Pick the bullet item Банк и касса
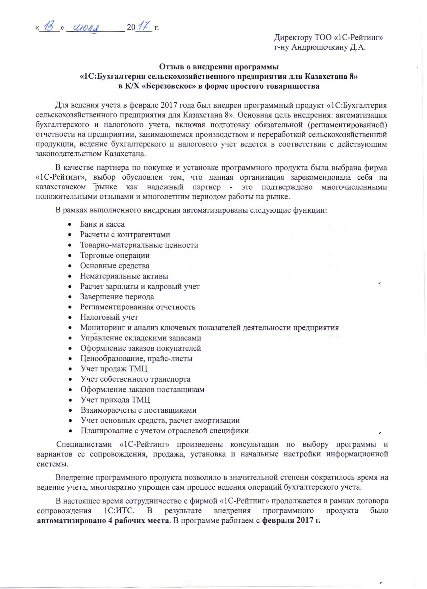[102, 224]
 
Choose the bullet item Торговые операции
[115, 255]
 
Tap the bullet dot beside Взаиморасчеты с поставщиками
[70, 411]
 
